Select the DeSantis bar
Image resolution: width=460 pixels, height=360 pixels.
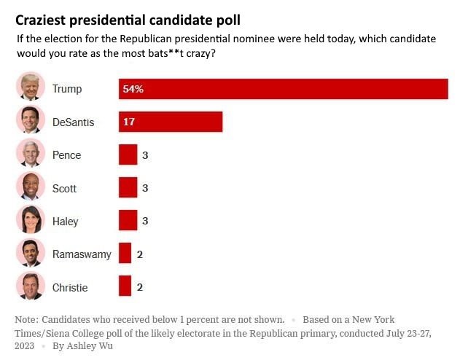pos(171,122)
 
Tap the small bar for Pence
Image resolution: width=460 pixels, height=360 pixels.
pos(128,155)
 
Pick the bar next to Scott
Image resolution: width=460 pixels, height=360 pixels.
pos(128,188)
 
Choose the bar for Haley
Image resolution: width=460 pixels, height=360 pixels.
pos(128,221)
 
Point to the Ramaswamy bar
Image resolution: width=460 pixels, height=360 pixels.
pos(125,254)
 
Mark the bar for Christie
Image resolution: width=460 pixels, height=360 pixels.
pos(125,286)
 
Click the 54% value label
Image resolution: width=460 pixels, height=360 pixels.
pos(133,89)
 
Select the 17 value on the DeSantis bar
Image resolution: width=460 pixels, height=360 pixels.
pos(129,122)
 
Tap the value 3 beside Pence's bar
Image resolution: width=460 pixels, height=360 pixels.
pos(145,155)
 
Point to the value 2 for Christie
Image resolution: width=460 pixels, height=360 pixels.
pos(139,287)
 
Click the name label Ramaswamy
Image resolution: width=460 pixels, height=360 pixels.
pos(82,254)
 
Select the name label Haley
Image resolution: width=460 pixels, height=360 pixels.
pos(66,222)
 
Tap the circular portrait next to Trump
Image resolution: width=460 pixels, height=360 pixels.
pos(30,87)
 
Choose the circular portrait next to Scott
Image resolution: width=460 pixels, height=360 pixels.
pos(30,187)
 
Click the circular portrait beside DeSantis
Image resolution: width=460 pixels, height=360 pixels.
pos(30,120)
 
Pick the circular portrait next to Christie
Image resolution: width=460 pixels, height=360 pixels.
pos(30,285)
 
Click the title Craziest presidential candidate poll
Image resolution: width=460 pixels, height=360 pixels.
pos(128,20)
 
